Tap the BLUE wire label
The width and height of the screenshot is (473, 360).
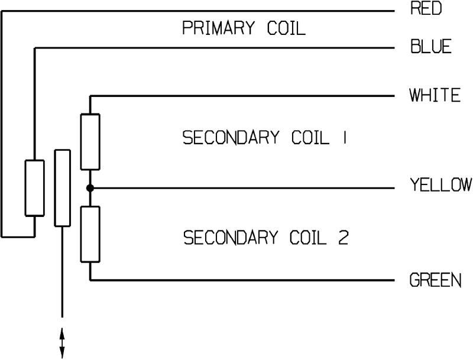pos(430,47)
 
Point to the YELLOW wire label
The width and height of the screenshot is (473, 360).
pos(440,186)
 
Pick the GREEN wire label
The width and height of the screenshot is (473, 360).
pos(435,280)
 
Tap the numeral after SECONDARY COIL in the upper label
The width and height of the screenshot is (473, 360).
pos(344,138)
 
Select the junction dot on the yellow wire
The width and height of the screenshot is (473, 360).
pos(90,189)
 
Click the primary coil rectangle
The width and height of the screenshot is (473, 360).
pos(34,187)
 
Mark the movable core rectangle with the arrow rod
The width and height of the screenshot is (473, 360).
pos(62,187)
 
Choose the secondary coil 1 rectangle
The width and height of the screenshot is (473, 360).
pos(90,142)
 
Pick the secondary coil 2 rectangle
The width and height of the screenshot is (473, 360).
pos(90,233)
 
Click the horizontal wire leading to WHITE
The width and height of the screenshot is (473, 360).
pos(237,96)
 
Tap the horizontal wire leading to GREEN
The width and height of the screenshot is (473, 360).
pos(237,280)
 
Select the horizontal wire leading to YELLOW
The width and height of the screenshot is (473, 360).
pos(237,189)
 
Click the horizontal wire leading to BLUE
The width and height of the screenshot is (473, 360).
pos(213,47)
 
